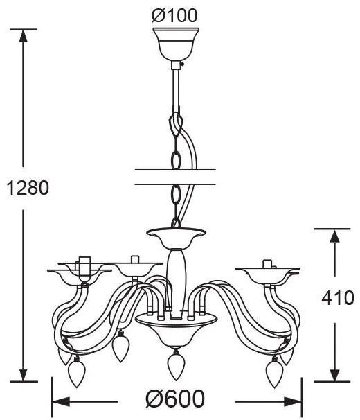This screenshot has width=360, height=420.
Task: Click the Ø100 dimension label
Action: pos(174,15)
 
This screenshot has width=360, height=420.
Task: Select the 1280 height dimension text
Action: pos(28,188)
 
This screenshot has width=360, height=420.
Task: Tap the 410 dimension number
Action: pos(338,297)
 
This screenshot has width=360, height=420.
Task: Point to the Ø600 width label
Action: pos(175,399)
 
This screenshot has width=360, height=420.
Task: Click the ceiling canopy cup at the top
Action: pos(176,44)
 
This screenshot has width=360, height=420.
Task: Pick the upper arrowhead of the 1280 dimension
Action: pos(24,35)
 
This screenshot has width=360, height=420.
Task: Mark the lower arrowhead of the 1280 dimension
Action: pos(24,374)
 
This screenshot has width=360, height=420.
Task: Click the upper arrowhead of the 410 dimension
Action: pos(334,236)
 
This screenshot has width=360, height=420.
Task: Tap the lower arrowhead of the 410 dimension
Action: pos(334,374)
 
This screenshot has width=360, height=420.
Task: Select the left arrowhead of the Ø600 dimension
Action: pos(61,401)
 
